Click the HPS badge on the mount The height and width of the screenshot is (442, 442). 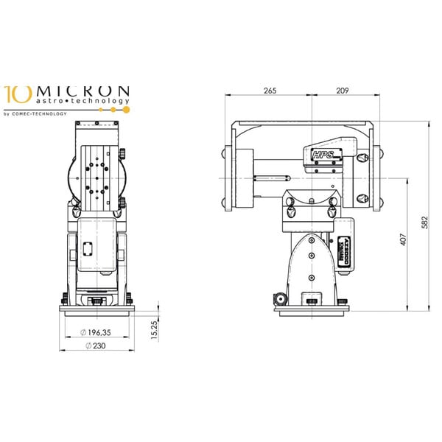pos(322,155)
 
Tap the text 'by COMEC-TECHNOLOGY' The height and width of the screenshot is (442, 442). pos(35,113)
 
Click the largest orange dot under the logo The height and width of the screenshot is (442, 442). pos(126,109)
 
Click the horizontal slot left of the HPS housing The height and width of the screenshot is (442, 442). pos(270,177)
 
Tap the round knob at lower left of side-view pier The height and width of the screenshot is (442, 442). pos(280,299)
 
